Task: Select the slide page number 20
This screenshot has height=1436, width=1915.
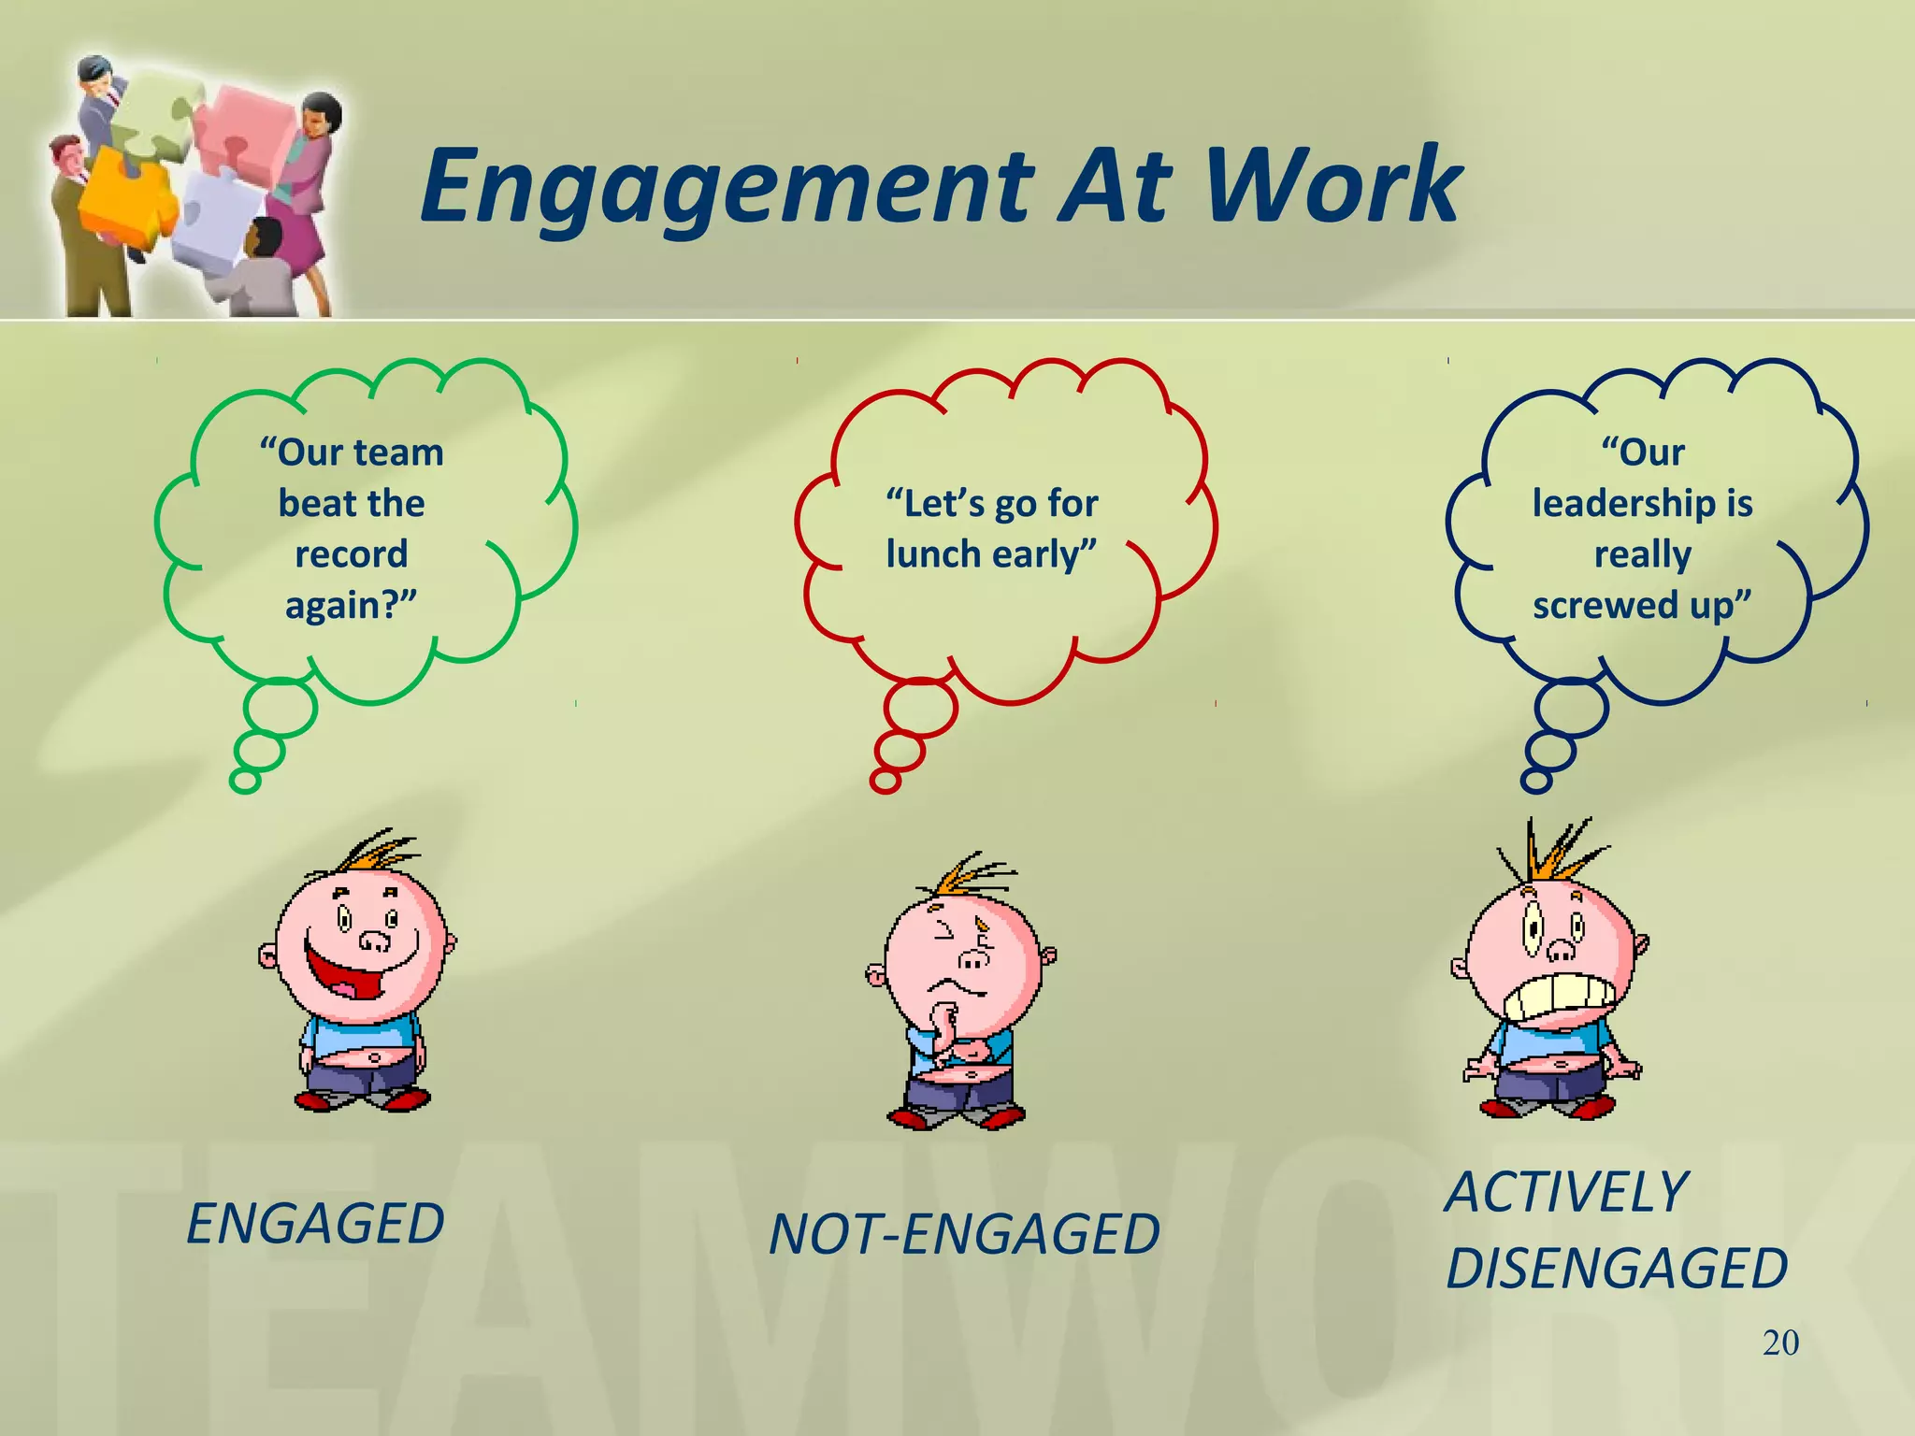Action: pyautogui.click(x=1780, y=1343)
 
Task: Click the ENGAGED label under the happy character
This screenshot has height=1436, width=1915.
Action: pyautogui.click(x=315, y=1224)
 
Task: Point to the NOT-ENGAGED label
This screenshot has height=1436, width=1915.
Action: pyautogui.click(x=963, y=1234)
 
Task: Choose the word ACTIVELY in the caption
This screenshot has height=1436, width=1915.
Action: pyautogui.click(x=1565, y=1193)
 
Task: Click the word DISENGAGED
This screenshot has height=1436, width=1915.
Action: pyautogui.click(x=1616, y=1269)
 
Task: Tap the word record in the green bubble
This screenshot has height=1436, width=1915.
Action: pyautogui.click(x=352, y=554)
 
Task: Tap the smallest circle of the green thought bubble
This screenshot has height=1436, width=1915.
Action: pyautogui.click(x=245, y=781)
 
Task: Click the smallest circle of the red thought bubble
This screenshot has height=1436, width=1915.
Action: pyautogui.click(x=885, y=781)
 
